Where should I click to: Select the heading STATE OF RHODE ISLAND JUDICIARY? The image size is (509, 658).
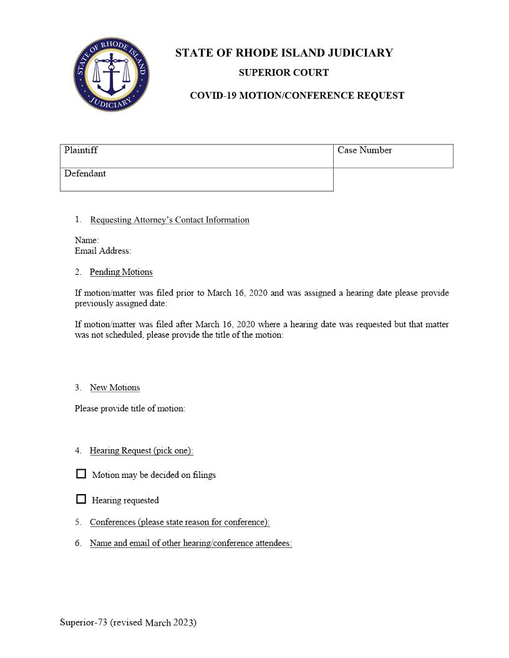pyautogui.click(x=284, y=53)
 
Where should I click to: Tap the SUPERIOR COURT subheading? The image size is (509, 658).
pyautogui.click(x=284, y=73)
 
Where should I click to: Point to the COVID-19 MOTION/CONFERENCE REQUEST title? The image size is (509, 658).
pyautogui.click(x=297, y=96)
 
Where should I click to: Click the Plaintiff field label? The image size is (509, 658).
pyautogui.click(x=81, y=150)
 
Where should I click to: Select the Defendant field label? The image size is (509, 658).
pyautogui.click(x=85, y=174)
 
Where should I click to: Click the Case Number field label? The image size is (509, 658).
pyautogui.click(x=364, y=150)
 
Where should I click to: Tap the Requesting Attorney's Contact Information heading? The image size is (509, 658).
pyautogui.click(x=170, y=220)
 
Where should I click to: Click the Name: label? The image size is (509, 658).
pyautogui.click(x=87, y=241)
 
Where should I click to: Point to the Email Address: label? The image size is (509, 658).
pyautogui.click(x=103, y=251)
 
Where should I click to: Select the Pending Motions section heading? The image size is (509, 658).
pyautogui.click(x=121, y=272)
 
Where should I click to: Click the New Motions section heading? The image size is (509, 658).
pyautogui.click(x=115, y=388)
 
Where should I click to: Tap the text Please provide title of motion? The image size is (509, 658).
pyautogui.click(x=130, y=409)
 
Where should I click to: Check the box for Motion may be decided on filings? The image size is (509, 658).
pyautogui.click(x=81, y=474)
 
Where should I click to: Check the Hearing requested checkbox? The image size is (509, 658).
pyautogui.click(x=81, y=499)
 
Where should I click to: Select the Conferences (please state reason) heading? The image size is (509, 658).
pyautogui.click(x=180, y=522)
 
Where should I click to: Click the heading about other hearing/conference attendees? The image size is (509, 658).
pyautogui.click(x=191, y=543)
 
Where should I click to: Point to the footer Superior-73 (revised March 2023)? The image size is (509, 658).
pyautogui.click(x=128, y=622)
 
